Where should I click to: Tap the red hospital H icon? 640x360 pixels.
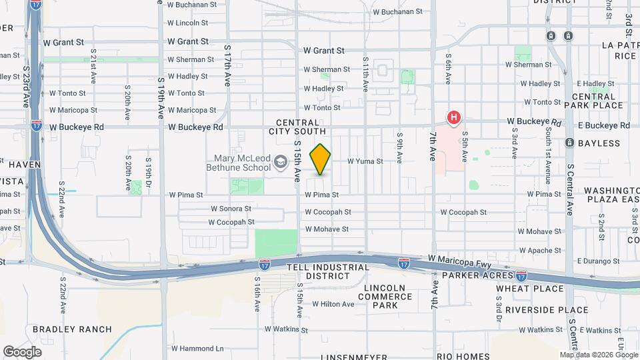tap(454, 119)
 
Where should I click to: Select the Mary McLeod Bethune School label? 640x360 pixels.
tap(243, 163)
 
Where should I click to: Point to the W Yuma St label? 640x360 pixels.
tap(365, 161)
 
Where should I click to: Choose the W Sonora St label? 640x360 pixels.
tap(231, 208)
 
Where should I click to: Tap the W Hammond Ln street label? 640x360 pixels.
tap(197, 348)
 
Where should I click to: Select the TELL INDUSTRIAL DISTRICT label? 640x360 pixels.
tap(327, 272)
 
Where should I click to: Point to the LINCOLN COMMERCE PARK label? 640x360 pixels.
tap(385, 297)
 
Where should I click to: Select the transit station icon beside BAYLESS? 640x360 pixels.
tap(569, 143)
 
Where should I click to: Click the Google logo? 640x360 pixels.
tap(22, 352)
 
